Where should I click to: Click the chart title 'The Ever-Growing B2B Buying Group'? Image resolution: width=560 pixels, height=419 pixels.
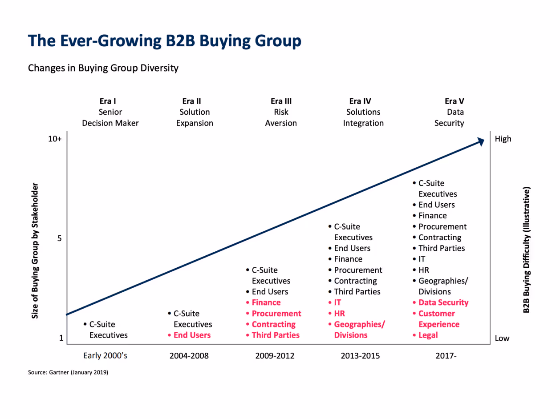pyautogui.click(x=165, y=41)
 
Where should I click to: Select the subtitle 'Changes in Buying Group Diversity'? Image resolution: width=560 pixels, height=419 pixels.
pyautogui.click(x=103, y=68)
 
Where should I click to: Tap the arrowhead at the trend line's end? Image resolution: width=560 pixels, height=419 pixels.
pyautogui.click(x=481, y=141)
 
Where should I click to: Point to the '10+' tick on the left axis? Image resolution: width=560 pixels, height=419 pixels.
pyautogui.click(x=55, y=139)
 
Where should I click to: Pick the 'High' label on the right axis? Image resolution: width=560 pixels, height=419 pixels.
pyautogui.click(x=503, y=139)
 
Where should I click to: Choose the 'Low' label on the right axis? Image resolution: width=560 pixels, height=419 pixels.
pyautogui.click(x=502, y=338)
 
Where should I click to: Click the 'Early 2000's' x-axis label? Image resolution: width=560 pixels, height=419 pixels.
pyautogui.click(x=105, y=356)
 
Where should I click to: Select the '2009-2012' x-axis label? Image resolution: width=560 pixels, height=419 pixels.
pyautogui.click(x=275, y=356)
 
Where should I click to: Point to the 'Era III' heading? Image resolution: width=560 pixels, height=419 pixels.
pyautogui.click(x=281, y=101)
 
